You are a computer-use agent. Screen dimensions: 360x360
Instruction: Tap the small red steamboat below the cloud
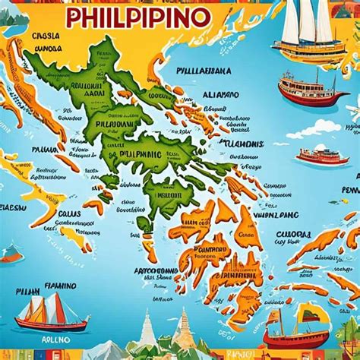tap(323, 156)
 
